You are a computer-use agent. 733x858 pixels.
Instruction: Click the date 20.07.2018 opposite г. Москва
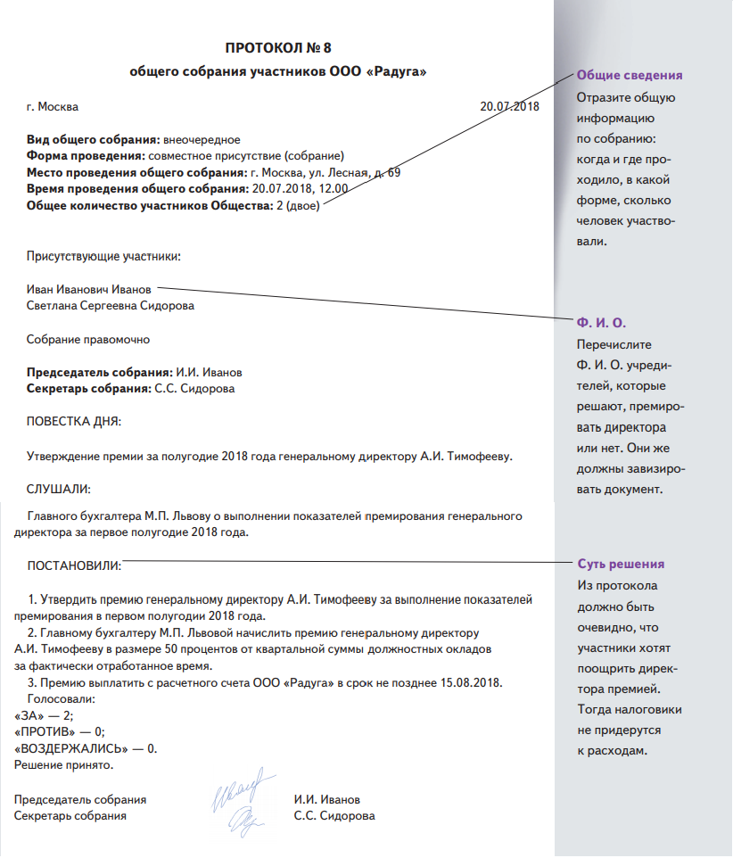(510, 107)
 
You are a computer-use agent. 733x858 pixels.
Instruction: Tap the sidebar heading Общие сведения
(630, 75)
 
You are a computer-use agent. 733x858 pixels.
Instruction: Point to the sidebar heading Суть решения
(621, 565)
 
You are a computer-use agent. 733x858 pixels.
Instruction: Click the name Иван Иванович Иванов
(89, 289)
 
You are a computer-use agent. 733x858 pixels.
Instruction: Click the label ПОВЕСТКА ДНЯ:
(75, 421)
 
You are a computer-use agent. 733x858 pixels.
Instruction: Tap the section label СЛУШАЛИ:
(60, 489)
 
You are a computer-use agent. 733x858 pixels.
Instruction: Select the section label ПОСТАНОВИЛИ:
(75, 565)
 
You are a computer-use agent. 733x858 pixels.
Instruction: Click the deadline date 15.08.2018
(472, 683)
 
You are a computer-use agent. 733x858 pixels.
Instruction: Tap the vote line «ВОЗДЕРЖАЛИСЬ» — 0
(86, 748)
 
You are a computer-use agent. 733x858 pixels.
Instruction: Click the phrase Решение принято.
(65, 764)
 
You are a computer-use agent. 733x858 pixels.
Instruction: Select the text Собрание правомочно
(88, 339)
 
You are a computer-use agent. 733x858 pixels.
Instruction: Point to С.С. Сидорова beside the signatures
(334, 815)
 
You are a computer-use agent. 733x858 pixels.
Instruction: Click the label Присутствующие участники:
(103, 257)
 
